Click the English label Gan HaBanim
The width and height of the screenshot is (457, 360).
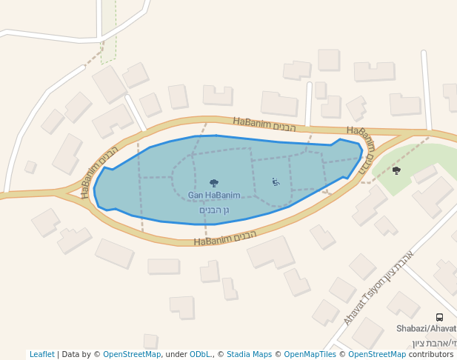pos(214,196)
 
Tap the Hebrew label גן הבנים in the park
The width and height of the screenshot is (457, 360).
pos(215,210)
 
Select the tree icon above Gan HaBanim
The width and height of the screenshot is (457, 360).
pos(214,183)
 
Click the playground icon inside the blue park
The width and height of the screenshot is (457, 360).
pos(276,182)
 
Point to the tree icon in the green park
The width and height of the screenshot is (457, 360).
pos(396,170)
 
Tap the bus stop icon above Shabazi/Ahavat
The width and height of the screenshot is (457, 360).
pos(440,317)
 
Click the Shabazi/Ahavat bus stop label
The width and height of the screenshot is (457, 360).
pos(426,328)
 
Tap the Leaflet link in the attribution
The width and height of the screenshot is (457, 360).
pos(41,354)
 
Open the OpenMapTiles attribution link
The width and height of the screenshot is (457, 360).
pos(310,354)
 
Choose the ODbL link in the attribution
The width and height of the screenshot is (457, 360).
pos(199,354)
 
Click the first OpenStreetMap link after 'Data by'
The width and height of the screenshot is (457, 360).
pos(132,354)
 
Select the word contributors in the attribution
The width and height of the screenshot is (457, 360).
pos(431,354)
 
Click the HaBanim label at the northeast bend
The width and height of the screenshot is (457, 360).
pos(361,145)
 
